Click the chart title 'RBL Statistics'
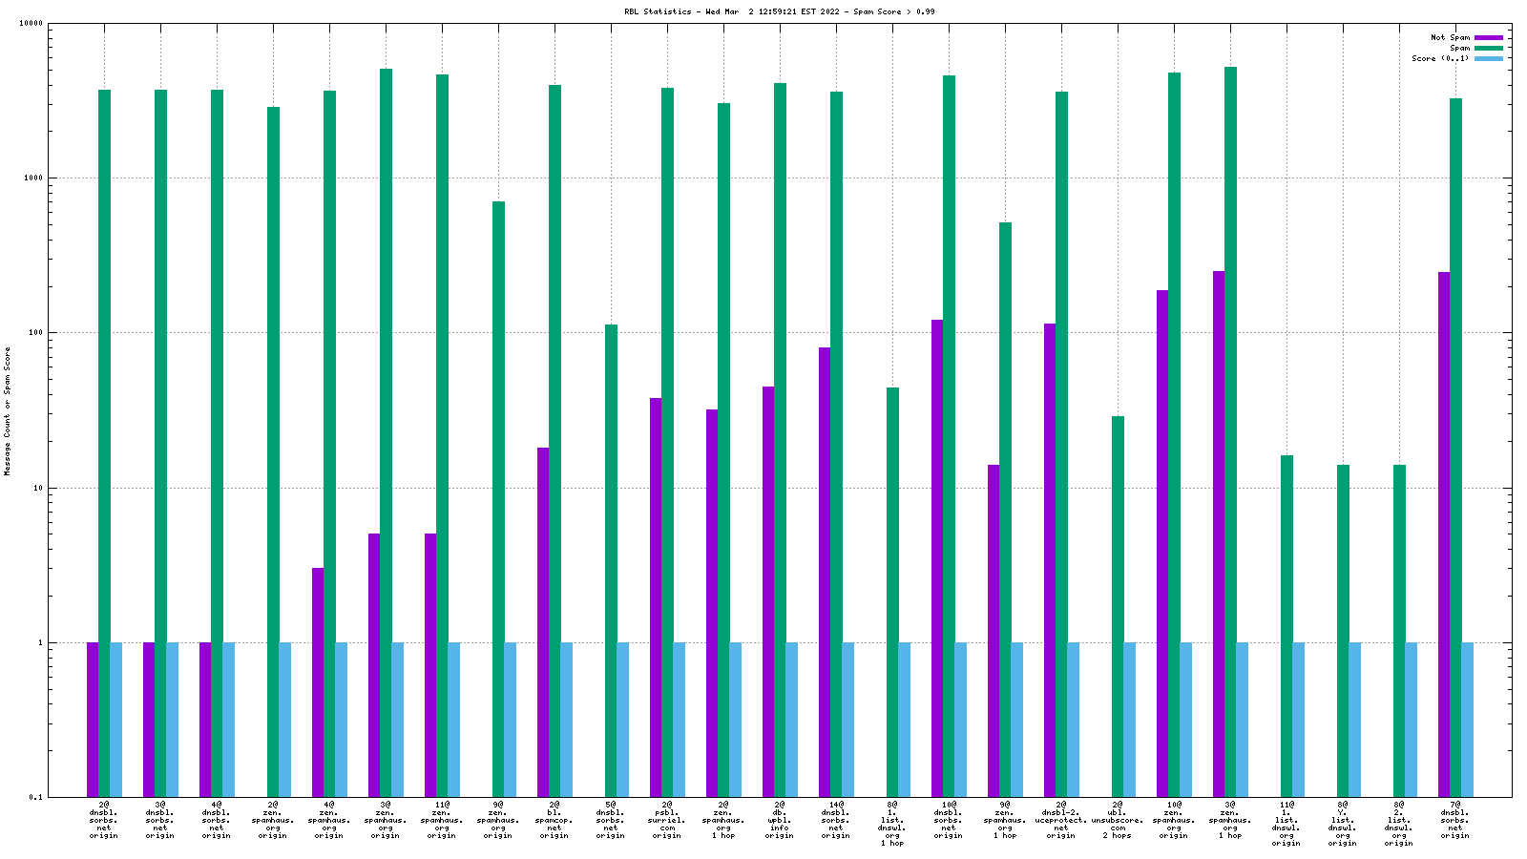[659, 11]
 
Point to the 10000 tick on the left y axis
[31, 24]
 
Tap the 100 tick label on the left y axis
[35, 333]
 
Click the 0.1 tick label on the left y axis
[36, 798]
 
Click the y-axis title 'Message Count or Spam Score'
[8, 410]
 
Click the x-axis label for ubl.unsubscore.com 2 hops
[1118, 820]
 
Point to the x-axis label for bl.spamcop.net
[554, 820]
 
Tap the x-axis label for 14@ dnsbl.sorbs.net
[836, 820]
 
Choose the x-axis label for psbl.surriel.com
[667, 820]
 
